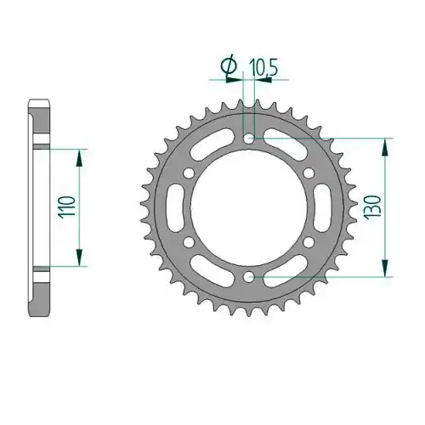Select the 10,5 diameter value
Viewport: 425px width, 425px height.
pyautogui.click(x=263, y=68)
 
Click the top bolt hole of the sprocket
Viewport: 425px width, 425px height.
pyautogui.click(x=249, y=139)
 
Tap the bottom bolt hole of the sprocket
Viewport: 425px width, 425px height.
pyautogui.click(x=249, y=276)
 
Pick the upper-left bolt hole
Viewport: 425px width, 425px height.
pyautogui.click(x=189, y=173)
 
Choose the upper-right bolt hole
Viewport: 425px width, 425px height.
pyautogui.click(x=309, y=173)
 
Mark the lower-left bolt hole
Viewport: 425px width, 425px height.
pyautogui.click(x=189, y=242)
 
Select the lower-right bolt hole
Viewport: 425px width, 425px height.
pyautogui.click(x=309, y=242)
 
